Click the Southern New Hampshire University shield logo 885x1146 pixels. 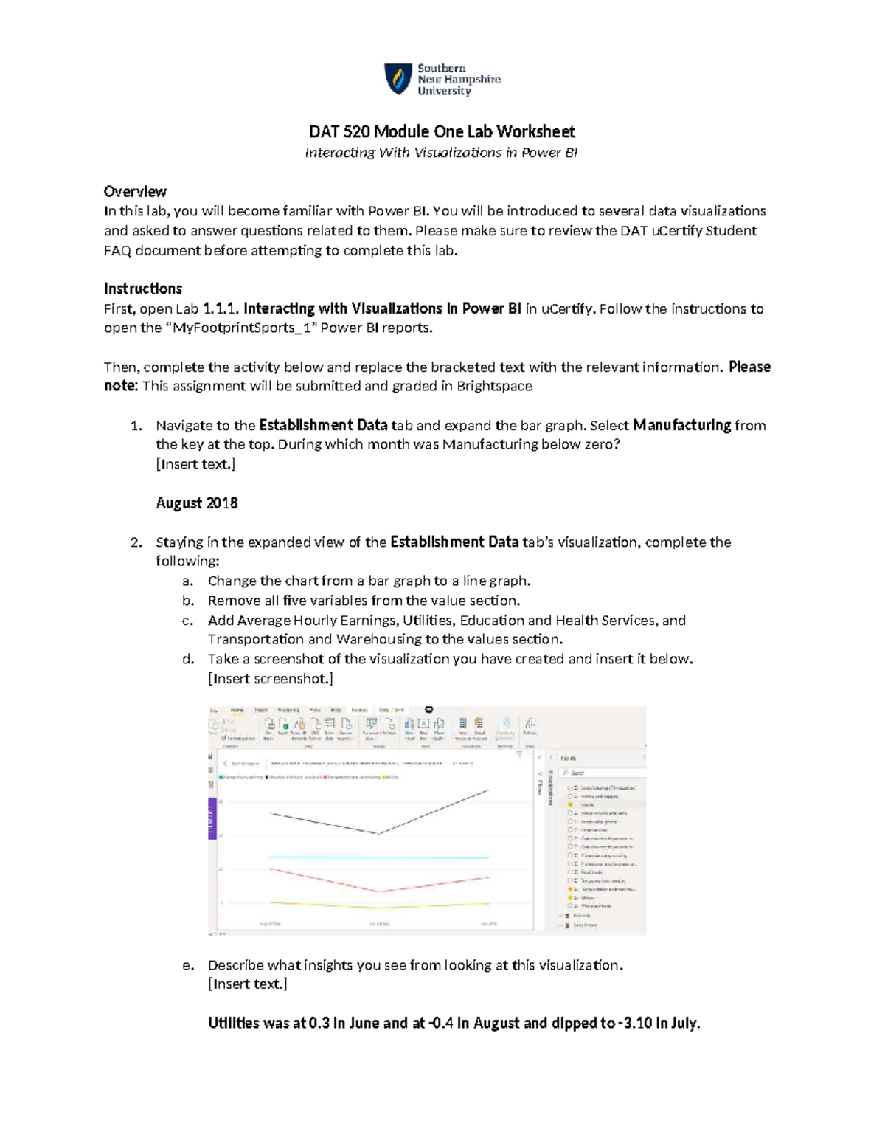point(398,79)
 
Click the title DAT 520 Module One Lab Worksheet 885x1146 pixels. point(442,131)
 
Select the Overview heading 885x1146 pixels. point(135,192)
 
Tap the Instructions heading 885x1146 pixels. point(143,289)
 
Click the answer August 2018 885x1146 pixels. point(197,503)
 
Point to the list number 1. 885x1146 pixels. point(135,426)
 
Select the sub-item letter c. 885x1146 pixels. point(187,621)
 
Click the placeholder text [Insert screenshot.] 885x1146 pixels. point(271,679)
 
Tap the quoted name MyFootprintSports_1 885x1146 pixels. point(240,328)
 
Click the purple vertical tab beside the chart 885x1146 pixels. point(212,818)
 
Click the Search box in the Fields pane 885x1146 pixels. point(601,773)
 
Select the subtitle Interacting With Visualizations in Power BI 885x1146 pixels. point(442,153)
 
